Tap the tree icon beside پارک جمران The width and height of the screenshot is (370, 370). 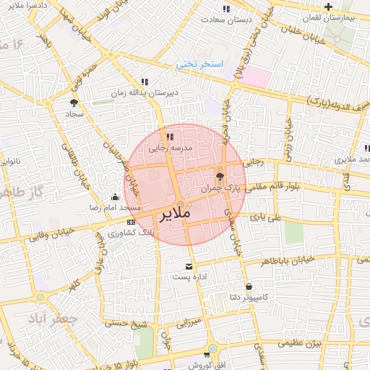pyautogui.click(x=220, y=176)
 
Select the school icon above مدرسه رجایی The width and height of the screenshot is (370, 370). pyautogui.click(x=170, y=136)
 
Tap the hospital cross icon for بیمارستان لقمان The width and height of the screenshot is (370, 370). pyautogui.click(x=328, y=7)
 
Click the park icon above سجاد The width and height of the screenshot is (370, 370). pyautogui.click(x=74, y=103)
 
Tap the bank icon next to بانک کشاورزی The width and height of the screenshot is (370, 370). pyautogui.click(x=130, y=222)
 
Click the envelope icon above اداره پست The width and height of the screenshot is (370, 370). pyautogui.click(x=189, y=266)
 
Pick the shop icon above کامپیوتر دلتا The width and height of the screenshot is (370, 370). pyautogui.click(x=249, y=286)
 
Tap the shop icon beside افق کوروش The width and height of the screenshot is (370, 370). pyautogui.click(x=207, y=354)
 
